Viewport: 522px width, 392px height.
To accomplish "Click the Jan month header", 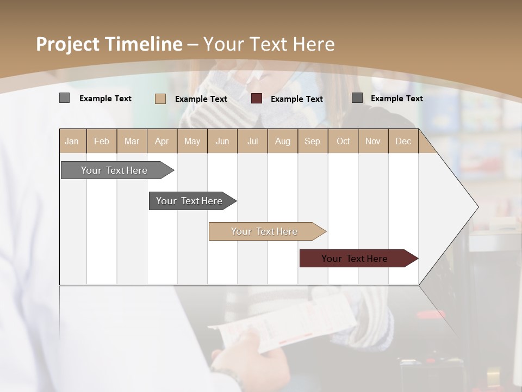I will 72,141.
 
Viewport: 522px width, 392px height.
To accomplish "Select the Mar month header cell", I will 132,141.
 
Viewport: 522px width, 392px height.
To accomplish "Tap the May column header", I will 192,141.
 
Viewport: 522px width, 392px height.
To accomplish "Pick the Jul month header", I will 252,141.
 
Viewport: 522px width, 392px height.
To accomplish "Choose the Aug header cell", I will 282,141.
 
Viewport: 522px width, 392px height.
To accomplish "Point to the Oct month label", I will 343,141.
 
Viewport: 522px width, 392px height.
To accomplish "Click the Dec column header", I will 403,141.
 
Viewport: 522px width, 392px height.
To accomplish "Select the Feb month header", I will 102,141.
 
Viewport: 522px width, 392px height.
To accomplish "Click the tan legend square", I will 160,99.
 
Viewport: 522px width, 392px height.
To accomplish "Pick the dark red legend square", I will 257,99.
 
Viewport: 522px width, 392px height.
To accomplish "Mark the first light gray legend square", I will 64,98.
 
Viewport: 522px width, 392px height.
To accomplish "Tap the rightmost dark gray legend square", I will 357,98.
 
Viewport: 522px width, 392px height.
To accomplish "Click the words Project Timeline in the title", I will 109,44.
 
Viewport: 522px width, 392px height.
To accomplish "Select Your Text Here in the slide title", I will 269,44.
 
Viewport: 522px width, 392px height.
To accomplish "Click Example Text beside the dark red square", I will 296,99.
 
